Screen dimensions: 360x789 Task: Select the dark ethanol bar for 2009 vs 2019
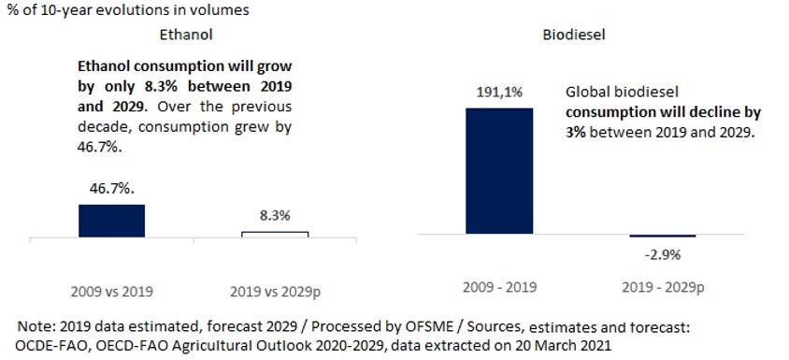pos(111,220)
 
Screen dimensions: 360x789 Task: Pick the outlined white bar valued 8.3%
pos(274,233)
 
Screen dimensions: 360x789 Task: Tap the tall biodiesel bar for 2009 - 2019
pos(498,170)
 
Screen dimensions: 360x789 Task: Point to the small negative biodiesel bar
pos(662,236)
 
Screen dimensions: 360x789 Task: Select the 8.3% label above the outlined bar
pos(274,215)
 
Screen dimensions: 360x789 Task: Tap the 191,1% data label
pos(499,94)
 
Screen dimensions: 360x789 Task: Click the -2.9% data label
pos(663,253)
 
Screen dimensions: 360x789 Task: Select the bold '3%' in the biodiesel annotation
pos(578,134)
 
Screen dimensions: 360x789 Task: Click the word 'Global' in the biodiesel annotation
pos(588,94)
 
